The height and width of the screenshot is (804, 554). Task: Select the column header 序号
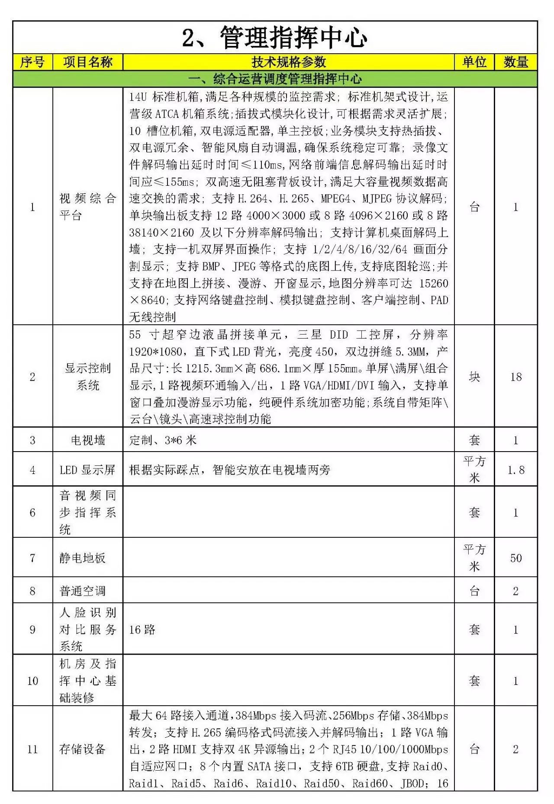(32, 62)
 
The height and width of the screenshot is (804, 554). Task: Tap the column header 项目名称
(88, 62)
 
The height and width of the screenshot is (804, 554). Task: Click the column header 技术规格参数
(289, 62)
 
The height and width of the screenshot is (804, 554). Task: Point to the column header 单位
(474, 62)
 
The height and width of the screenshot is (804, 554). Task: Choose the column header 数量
(515, 62)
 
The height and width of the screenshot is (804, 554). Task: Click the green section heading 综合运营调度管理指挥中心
(275, 79)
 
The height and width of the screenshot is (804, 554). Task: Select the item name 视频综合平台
(88, 207)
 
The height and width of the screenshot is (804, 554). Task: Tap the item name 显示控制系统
(88, 377)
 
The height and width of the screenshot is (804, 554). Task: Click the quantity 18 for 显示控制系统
(515, 377)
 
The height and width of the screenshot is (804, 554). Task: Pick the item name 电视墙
(88, 440)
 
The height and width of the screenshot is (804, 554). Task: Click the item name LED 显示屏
(88, 470)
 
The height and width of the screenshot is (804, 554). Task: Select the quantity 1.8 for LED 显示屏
(515, 470)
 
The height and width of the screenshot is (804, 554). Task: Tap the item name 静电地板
(83, 558)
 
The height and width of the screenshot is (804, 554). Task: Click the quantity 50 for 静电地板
(515, 558)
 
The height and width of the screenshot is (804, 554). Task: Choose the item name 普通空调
(83, 591)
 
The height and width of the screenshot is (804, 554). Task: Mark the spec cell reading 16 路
(142, 630)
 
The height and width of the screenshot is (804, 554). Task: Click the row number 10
(32, 681)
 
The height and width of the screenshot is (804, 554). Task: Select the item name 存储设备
(83, 749)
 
